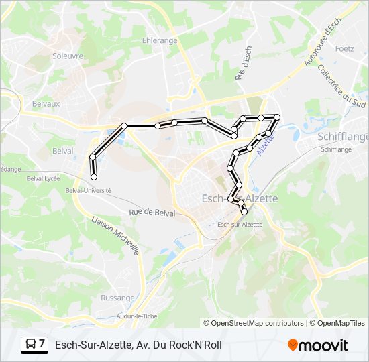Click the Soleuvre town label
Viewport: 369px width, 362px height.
[68, 56]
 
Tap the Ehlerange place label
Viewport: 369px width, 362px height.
[160, 40]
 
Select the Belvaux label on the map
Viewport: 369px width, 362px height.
[46, 104]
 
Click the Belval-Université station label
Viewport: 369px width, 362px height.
[88, 190]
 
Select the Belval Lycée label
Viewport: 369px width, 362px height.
[44, 179]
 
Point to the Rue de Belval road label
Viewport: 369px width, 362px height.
[152, 213]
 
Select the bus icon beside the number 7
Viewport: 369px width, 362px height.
[30, 345]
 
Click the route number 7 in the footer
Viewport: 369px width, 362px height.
[42, 345]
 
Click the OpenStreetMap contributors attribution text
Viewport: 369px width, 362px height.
[256, 323]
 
